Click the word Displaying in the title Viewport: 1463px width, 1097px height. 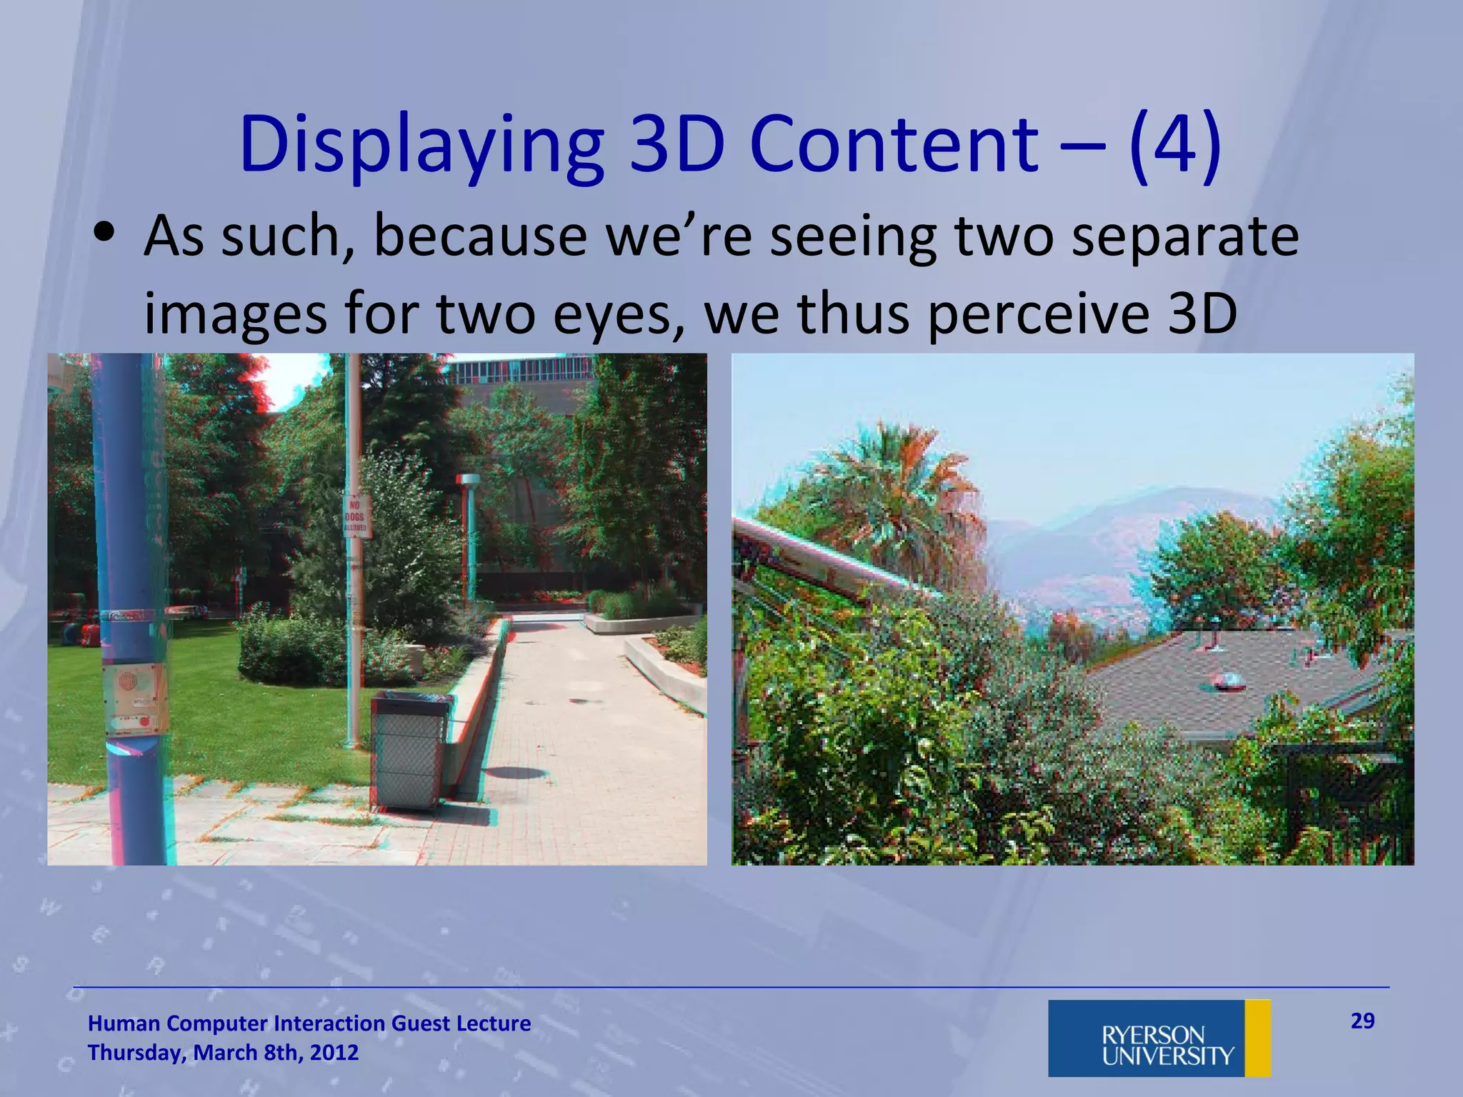click(421, 146)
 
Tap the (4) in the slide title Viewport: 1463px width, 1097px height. click(1175, 146)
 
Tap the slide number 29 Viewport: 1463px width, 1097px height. click(1362, 1021)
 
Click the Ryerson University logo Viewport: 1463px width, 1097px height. click(1158, 1038)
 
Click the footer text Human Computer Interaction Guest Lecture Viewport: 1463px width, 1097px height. click(309, 1023)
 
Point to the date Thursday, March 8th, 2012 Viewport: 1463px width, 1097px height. click(223, 1053)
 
